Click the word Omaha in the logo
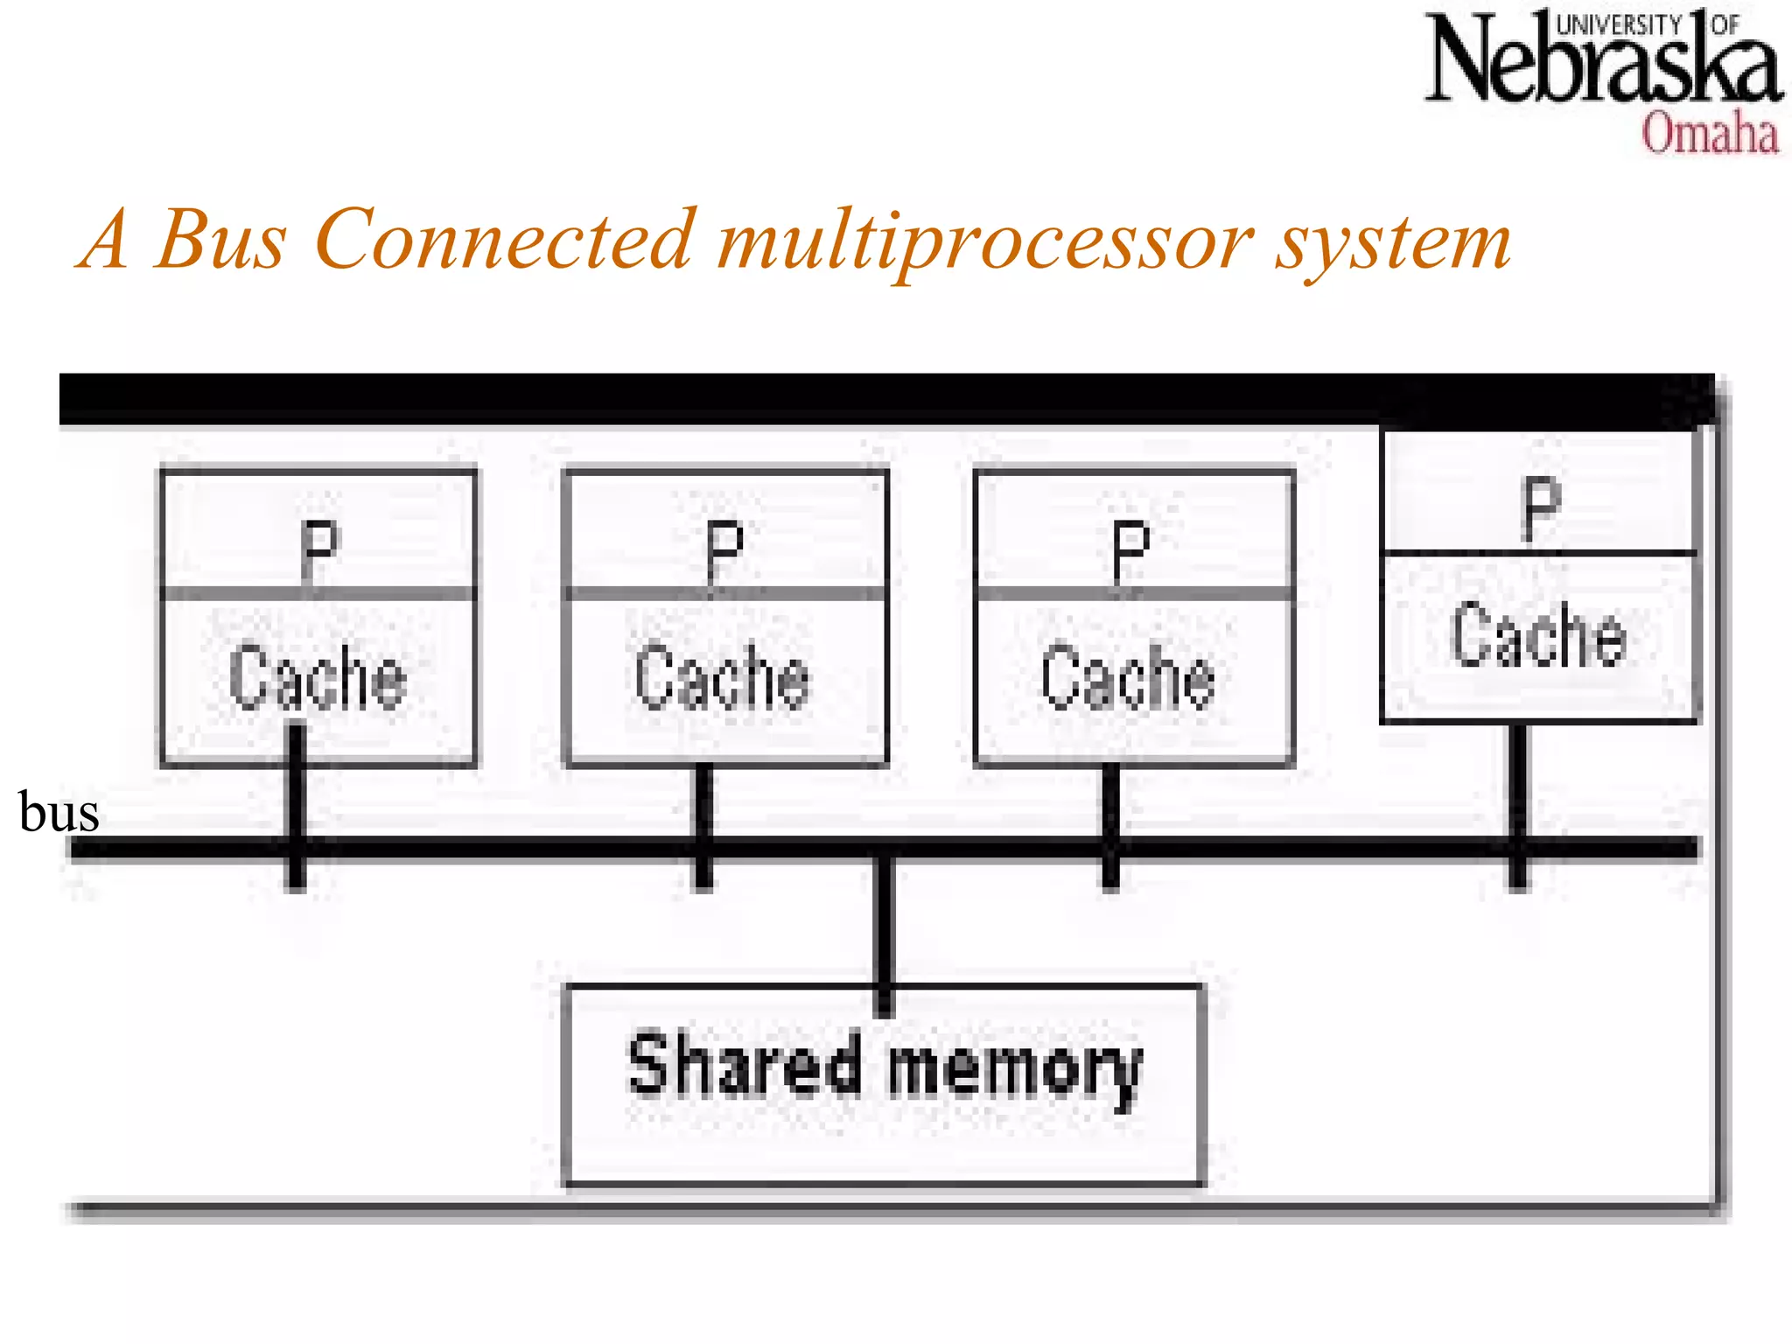pyautogui.click(x=1709, y=135)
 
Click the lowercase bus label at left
pyautogui.click(x=59, y=813)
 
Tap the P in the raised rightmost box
pyautogui.click(x=1541, y=507)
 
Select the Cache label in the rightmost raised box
pyautogui.click(x=1538, y=635)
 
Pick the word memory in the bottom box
pyautogui.click(x=1015, y=1068)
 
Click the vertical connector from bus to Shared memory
pyautogui.click(x=885, y=927)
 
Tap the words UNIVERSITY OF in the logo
pyautogui.click(x=1645, y=24)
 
